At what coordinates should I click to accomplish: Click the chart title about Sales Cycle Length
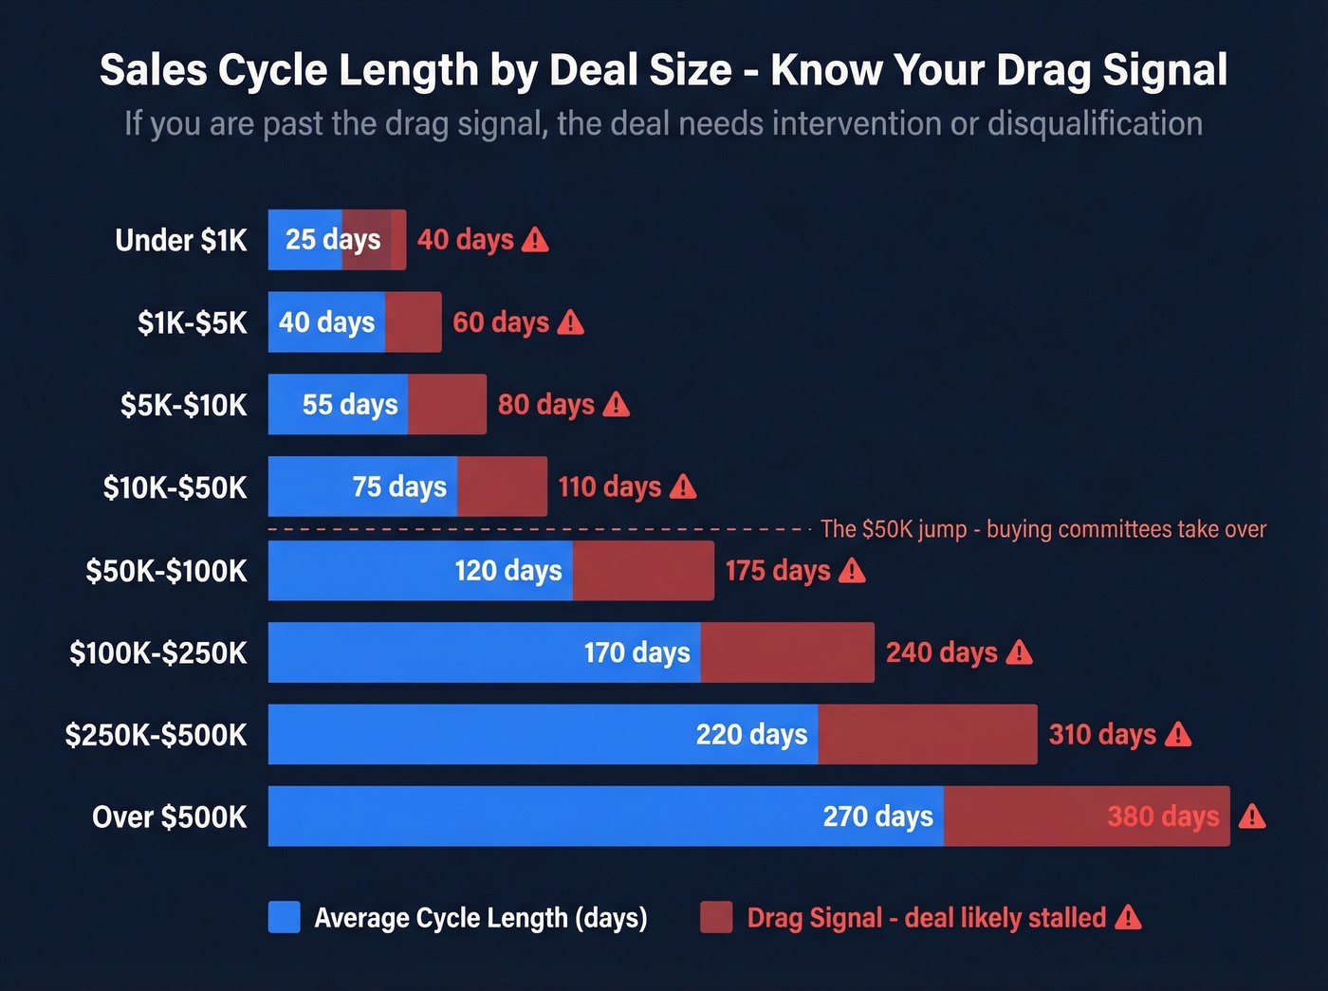(x=663, y=70)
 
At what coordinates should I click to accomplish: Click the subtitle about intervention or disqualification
(x=663, y=124)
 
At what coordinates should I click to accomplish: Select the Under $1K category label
(x=181, y=241)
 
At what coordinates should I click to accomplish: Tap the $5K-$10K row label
(x=183, y=405)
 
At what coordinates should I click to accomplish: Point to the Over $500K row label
(x=169, y=817)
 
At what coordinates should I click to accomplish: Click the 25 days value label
(x=332, y=240)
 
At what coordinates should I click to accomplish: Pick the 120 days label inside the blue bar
(x=507, y=571)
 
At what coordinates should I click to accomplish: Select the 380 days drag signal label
(x=1163, y=817)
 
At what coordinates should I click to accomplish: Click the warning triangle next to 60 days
(x=571, y=323)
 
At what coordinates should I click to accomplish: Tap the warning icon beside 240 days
(x=1019, y=652)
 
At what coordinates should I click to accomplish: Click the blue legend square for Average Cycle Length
(x=285, y=917)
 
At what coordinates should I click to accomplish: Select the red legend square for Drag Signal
(x=716, y=917)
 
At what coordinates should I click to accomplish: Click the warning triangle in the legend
(x=1128, y=917)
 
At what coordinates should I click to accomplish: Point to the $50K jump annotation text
(x=1042, y=529)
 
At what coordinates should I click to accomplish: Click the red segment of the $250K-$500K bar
(x=927, y=734)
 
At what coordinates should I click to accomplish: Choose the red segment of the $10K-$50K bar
(x=502, y=486)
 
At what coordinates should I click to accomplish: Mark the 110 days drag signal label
(x=609, y=487)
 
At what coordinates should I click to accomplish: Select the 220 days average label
(x=751, y=735)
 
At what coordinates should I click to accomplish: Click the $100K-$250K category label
(x=157, y=652)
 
